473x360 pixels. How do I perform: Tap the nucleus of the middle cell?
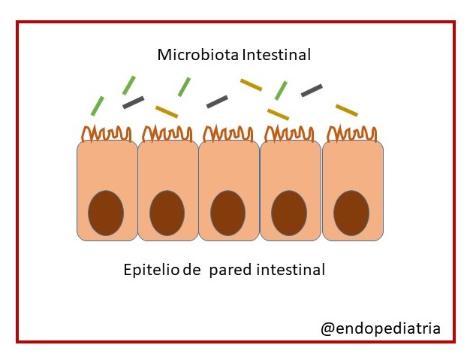[227, 213]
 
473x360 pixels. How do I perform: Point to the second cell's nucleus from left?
[167, 213]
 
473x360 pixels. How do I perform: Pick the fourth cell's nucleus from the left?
[289, 213]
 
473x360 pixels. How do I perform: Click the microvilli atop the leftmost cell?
[107, 134]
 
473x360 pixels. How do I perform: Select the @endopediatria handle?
[381, 328]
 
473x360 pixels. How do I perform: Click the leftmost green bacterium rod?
[98, 105]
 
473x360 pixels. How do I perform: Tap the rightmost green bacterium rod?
[281, 90]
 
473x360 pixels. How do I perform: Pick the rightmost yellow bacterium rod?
[346, 110]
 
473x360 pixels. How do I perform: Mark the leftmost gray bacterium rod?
[133, 101]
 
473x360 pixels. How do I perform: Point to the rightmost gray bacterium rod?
[312, 90]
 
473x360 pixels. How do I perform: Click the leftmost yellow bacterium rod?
[166, 111]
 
